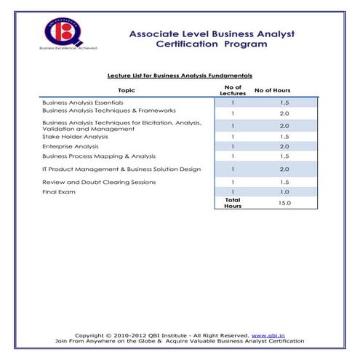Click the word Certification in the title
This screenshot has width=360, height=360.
190,44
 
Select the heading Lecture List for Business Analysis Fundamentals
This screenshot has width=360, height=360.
180,75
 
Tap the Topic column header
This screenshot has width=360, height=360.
126,90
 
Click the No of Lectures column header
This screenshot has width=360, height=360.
233,90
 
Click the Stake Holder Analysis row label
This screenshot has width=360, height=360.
75,136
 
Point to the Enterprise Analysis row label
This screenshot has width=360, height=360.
71,146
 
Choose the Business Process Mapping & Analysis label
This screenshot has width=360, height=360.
99,156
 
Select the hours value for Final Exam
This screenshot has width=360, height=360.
284,192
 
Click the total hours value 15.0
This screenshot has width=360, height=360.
284,204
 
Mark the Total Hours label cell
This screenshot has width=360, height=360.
233,204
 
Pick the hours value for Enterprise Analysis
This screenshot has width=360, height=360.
284,146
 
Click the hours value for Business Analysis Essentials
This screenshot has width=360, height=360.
284,103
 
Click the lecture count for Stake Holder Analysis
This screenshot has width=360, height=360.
233,136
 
